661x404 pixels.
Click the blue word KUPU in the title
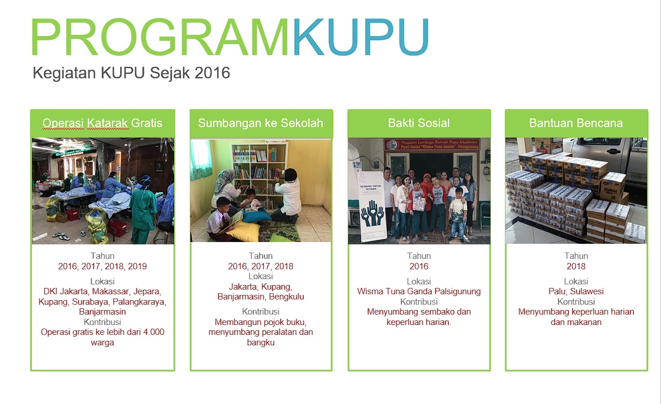pyautogui.click(x=360, y=38)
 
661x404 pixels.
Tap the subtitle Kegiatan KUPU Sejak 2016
pyautogui.click(x=132, y=73)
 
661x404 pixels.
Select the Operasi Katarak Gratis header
pyautogui.click(x=102, y=123)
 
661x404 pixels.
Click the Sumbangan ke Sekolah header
pyautogui.click(x=261, y=123)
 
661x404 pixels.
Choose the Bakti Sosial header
pyautogui.click(x=419, y=123)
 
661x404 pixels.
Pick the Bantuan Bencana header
pyautogui.click(x=576, y=123)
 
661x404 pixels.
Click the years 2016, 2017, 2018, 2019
pyautogui.click(x=102, y=266)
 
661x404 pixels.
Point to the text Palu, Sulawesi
pyautogui.click(x=576, y=291)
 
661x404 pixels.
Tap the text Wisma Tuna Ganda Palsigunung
pyautogui.click(x=419, y=291)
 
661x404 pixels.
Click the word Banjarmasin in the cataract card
pyautogui.click(x=102, y=312)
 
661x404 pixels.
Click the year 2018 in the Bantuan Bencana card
pyautogui.click(x=576, y=266)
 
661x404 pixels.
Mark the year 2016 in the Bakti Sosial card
pyautogui.click(x=419, y=266)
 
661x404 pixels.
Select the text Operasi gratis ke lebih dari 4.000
pyautogui.click(x=102, y=333)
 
